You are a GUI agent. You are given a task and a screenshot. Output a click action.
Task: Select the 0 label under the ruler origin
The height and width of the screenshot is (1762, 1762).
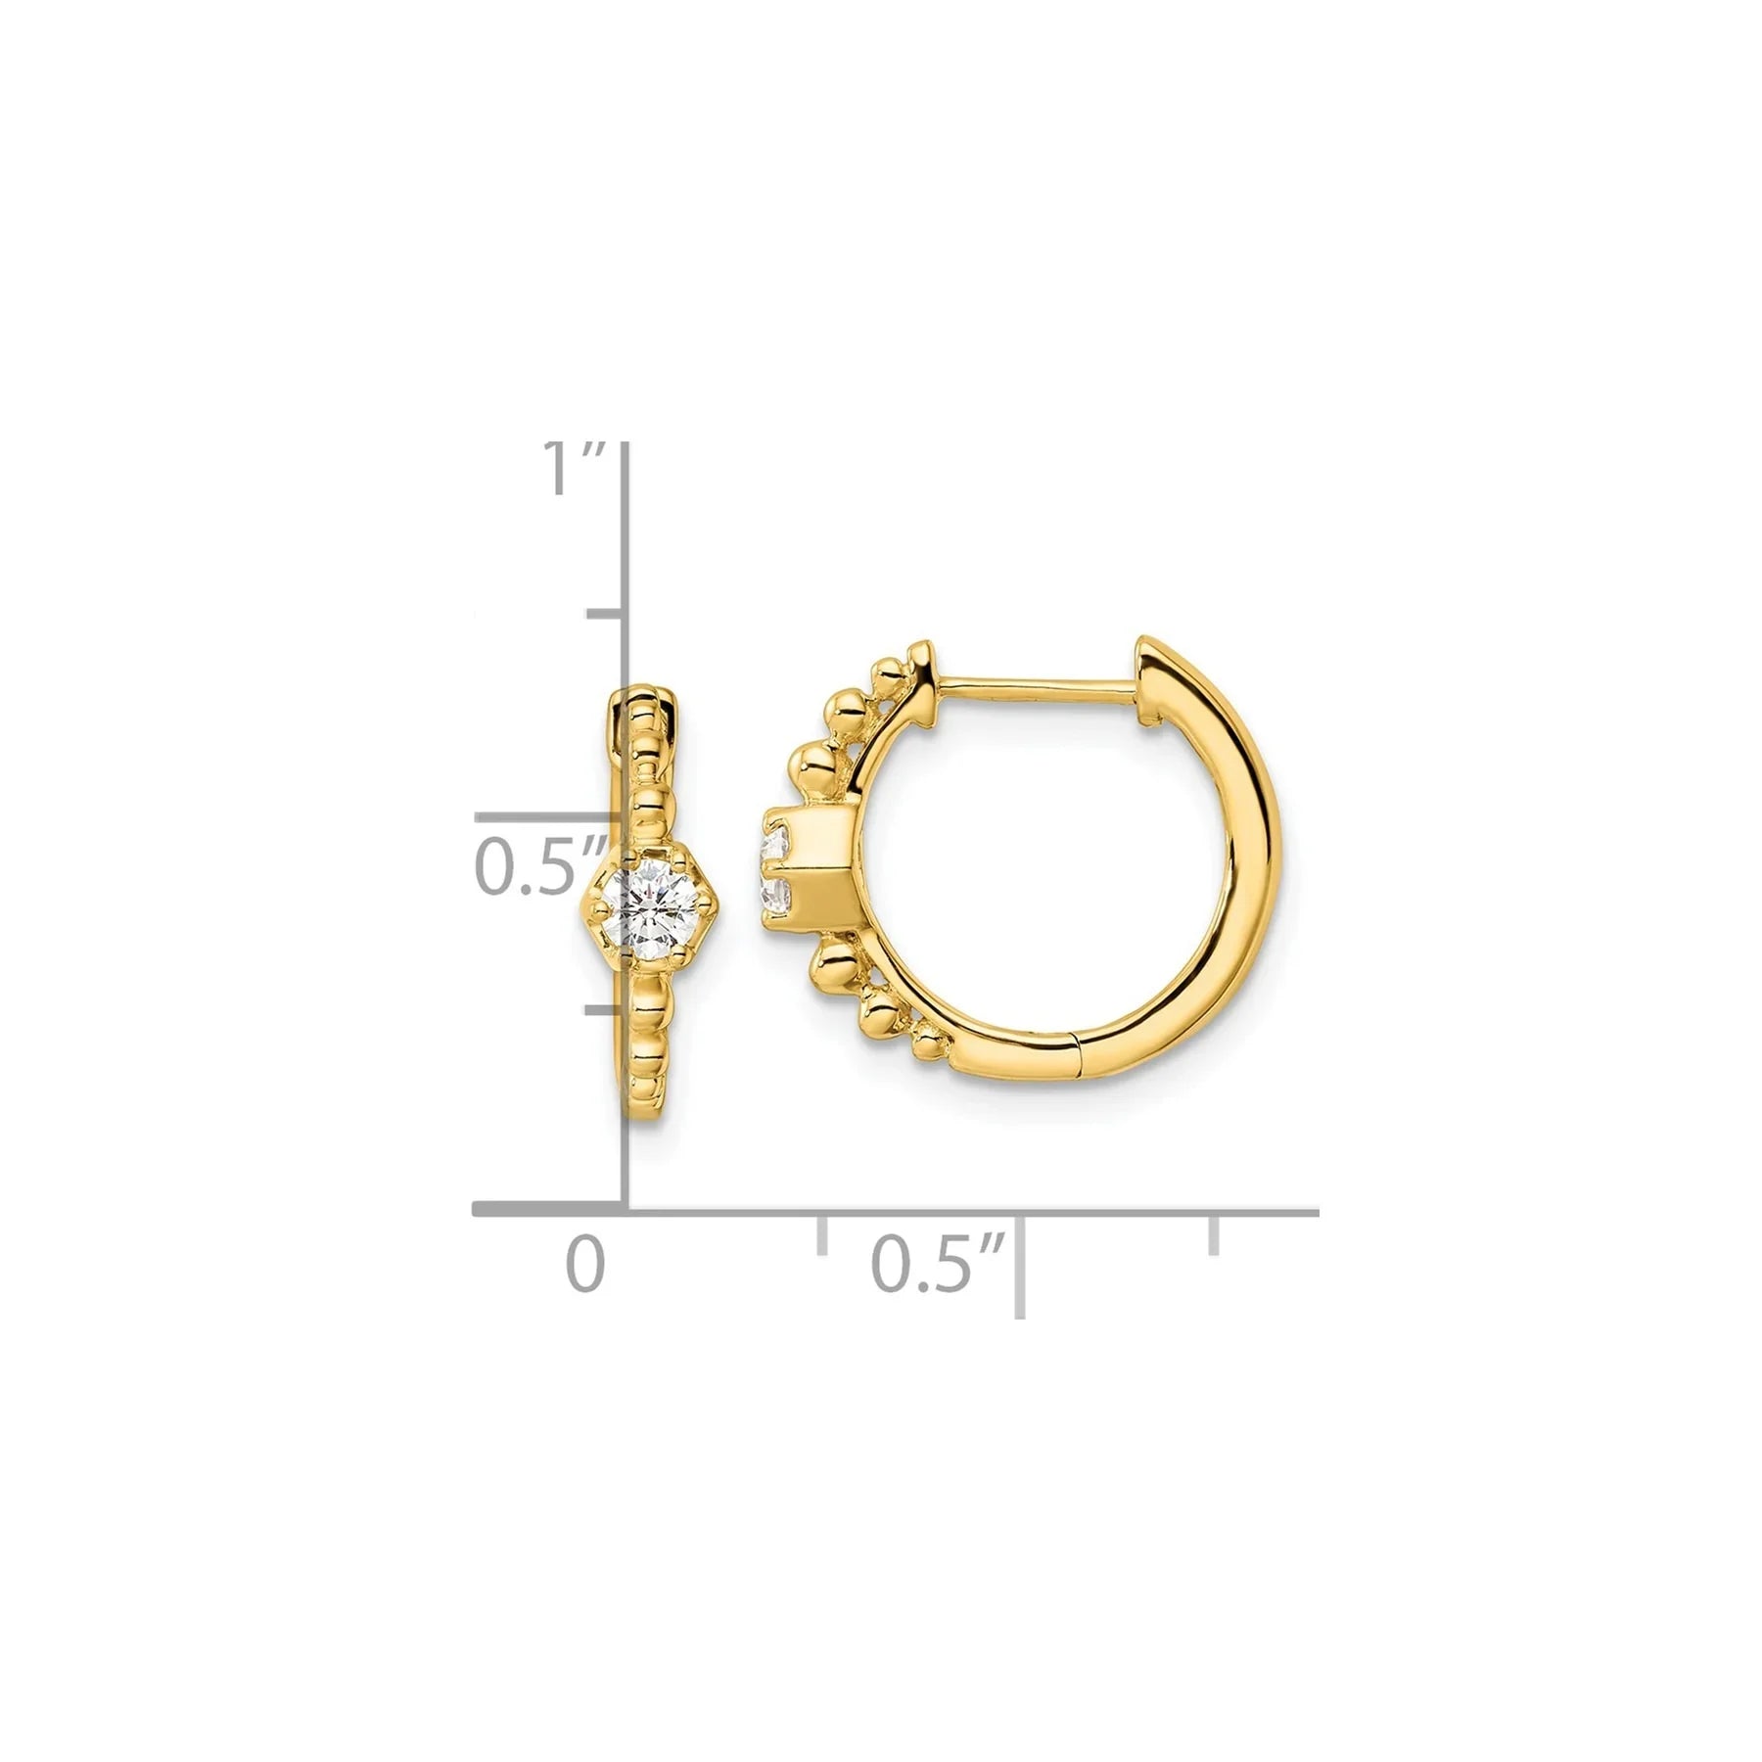584,1265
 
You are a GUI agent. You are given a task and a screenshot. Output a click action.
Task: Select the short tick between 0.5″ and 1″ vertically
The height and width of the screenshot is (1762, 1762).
605,614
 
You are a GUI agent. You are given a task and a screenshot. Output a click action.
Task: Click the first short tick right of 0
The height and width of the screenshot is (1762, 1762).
821,1235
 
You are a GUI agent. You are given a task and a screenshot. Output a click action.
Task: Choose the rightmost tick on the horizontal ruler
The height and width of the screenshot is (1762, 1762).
1215,1235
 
